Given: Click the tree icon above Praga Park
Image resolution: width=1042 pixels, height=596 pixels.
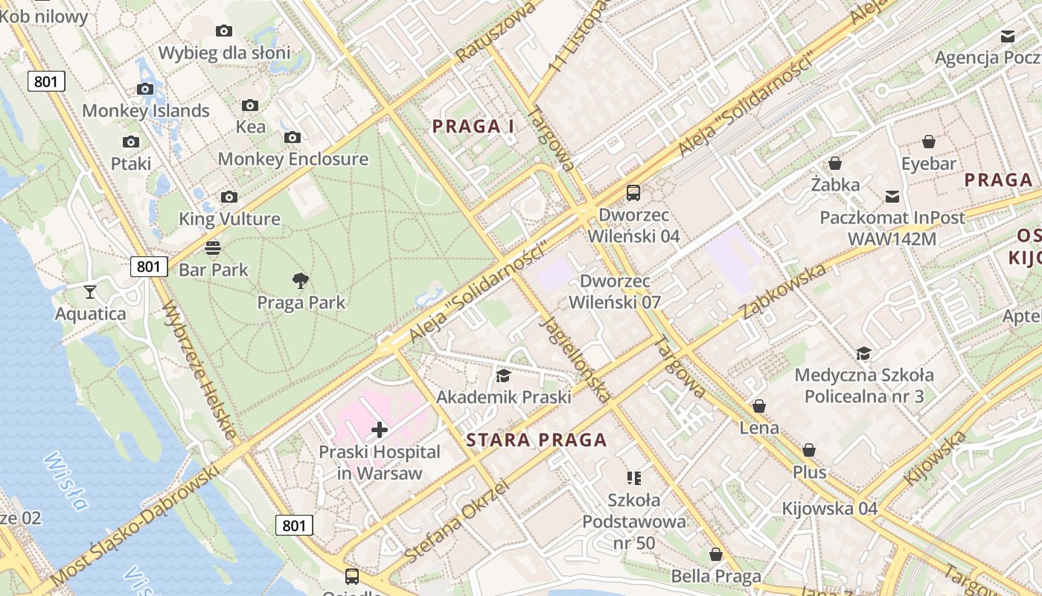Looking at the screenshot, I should click(x=301, y=281).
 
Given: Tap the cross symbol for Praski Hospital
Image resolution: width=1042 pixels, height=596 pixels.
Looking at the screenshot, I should click(x=380, y=429).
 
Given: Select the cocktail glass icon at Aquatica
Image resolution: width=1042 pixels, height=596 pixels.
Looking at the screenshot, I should click(x=90, y=291).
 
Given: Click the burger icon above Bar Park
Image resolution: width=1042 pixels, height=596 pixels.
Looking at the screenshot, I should click(x=213, y=247).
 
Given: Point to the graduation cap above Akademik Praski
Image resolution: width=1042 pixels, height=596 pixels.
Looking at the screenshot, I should click(x=503, y=375).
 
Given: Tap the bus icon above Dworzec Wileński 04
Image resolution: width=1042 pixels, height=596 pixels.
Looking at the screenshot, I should click(x=633, y=193).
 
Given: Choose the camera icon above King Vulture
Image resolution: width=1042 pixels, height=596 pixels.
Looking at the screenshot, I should click(x=229, y=197).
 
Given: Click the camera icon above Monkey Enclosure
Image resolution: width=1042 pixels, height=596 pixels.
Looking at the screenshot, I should click(x=293, y=137).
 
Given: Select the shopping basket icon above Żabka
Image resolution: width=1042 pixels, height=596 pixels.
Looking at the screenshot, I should click(x=835, y=163).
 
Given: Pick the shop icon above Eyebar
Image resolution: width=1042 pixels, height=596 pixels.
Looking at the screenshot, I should click(x=928, y=142).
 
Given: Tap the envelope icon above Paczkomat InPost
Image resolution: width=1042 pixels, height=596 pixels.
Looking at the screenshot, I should click(x=892, y=197).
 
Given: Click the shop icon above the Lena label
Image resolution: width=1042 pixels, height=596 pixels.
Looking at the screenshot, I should click(x=759, y=406).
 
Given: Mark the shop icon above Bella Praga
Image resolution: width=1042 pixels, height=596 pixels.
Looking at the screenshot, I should click(x=715, y=554).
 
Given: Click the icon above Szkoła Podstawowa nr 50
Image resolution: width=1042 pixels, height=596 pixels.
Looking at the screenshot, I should click(x=633, y=478).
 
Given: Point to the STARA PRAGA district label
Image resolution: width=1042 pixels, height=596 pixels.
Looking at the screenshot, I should click(x=537, y=440).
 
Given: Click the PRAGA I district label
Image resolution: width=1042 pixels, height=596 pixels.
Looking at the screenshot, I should click(x=473, y=127).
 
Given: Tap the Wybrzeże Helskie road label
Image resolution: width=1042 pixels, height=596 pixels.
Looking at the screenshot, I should click(x=199, y=370).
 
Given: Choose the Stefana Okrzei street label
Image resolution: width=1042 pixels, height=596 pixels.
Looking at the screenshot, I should click(x=457, y=521).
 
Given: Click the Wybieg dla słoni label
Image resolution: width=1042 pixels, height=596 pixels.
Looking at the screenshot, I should click(x=224, y=53).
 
